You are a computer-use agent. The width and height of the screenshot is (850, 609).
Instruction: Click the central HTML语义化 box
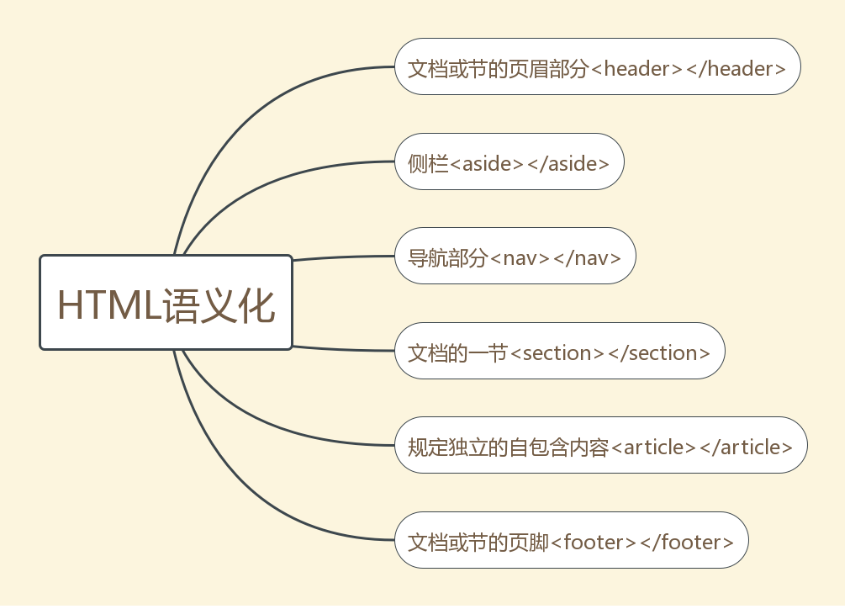(x=166, y=302)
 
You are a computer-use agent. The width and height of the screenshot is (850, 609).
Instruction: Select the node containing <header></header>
(x=597, y=66)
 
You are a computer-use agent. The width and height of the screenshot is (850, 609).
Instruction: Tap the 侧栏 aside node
(x=509, y=162)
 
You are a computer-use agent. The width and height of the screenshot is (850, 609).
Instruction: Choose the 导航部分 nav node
(x=515, y=257)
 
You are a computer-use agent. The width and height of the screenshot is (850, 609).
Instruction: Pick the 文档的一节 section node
(x=559, y=352)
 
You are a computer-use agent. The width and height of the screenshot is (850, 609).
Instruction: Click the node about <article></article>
(x=600, y=447)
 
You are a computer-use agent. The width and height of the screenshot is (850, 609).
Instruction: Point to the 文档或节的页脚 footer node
(x=571, y=541)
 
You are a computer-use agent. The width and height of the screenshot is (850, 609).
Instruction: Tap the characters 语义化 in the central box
(x=219, y=304)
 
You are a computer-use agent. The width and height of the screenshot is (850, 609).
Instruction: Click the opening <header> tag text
(x=637, y=68)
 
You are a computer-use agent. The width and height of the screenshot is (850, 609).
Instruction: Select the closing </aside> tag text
(x=568, y=163)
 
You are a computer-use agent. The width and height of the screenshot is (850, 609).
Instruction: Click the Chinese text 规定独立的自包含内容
(x=508, y=447)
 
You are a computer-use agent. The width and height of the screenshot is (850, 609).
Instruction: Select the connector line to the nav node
(x=345, y=257)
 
